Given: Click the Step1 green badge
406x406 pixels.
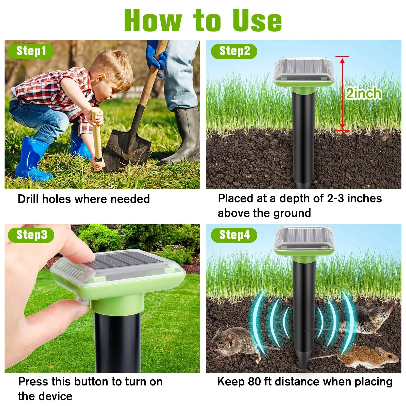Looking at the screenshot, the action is [31, 51].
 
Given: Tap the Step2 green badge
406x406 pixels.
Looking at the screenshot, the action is [234, 51].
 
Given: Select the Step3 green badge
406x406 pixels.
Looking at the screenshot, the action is [31, 235].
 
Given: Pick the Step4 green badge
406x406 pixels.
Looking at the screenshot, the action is [234, 235].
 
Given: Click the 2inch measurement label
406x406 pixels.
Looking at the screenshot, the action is [364, 93].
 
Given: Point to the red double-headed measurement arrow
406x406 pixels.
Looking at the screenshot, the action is [342, 94].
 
